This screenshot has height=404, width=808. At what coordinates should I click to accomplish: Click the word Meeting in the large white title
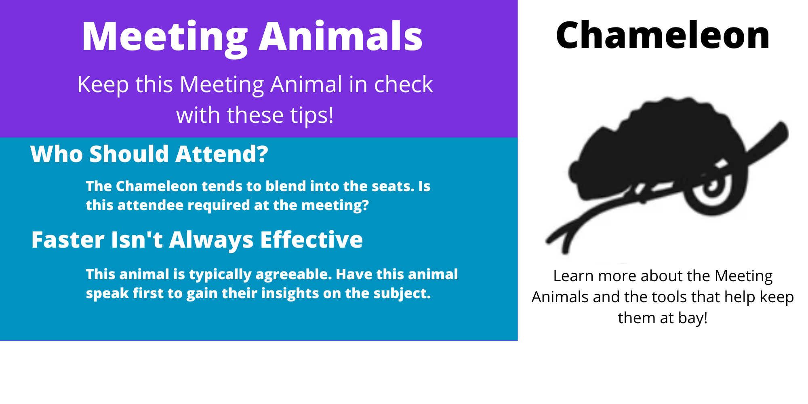point(164,37)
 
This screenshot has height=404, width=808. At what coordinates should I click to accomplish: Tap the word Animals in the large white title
point(341,36)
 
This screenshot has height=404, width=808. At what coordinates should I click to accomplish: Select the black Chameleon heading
point(663,35)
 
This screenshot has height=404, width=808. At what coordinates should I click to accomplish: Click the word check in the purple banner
point(403,84)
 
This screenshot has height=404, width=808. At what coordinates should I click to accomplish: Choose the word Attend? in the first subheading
point(222,154)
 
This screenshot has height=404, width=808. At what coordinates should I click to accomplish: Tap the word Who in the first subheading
point(57,154)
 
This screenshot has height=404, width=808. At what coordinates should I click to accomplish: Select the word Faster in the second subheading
point(68,240)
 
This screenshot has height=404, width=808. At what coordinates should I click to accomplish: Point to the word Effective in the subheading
point(311,240)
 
